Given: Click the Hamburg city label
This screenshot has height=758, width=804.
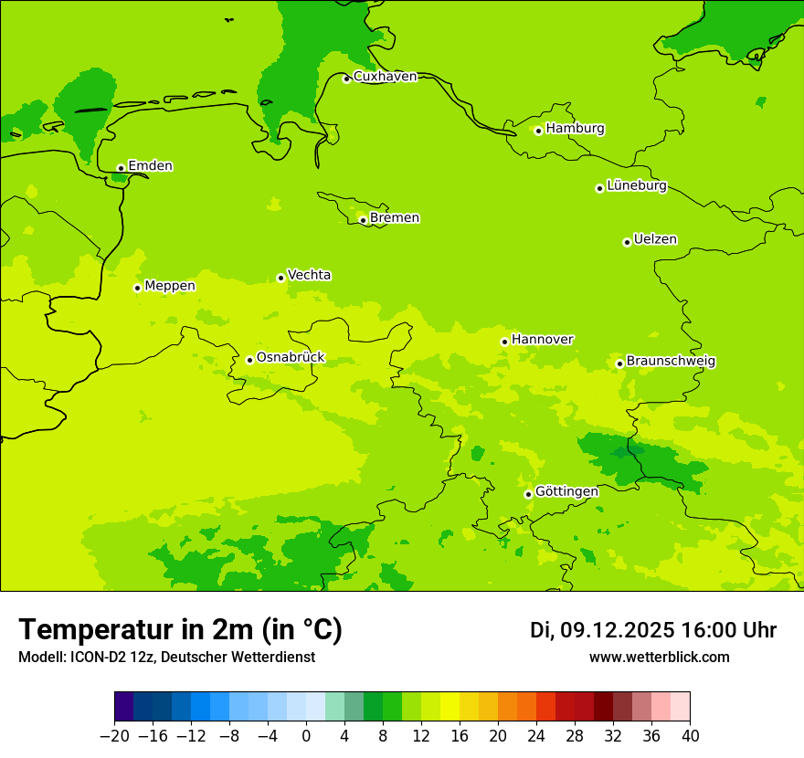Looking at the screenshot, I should click(575, 129).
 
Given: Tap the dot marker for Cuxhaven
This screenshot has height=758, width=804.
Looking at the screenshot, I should click(346, 79).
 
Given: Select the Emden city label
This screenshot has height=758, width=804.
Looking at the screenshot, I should click(150, 166).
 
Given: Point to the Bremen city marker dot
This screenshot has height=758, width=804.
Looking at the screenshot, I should click(363, 220).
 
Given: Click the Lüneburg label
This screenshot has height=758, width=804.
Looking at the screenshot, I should click(636, 186).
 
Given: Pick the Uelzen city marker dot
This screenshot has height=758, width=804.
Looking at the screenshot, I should click(627, 242).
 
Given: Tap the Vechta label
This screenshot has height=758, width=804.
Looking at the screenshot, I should click(309, 275).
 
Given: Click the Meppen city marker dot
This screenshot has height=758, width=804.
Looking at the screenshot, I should click(137, 288).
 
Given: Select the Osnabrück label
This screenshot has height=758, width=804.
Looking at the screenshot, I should click(291, 358).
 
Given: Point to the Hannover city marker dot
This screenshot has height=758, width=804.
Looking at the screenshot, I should click(504, 342).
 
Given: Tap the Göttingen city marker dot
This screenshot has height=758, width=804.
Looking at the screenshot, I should click(528, 494).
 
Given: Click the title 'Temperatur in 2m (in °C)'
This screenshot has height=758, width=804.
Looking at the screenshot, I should click(180, 629).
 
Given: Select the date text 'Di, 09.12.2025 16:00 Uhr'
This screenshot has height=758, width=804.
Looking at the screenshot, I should click(653, 630).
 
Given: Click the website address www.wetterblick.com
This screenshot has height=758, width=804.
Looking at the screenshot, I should click(659, 657).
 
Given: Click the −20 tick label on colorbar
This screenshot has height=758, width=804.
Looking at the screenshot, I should click(114, 736).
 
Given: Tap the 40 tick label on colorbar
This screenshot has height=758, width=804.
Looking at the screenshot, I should click(690, 736).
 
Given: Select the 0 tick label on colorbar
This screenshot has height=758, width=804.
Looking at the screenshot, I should click(306, 736).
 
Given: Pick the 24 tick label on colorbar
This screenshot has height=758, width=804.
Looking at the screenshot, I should click(536, 736).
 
